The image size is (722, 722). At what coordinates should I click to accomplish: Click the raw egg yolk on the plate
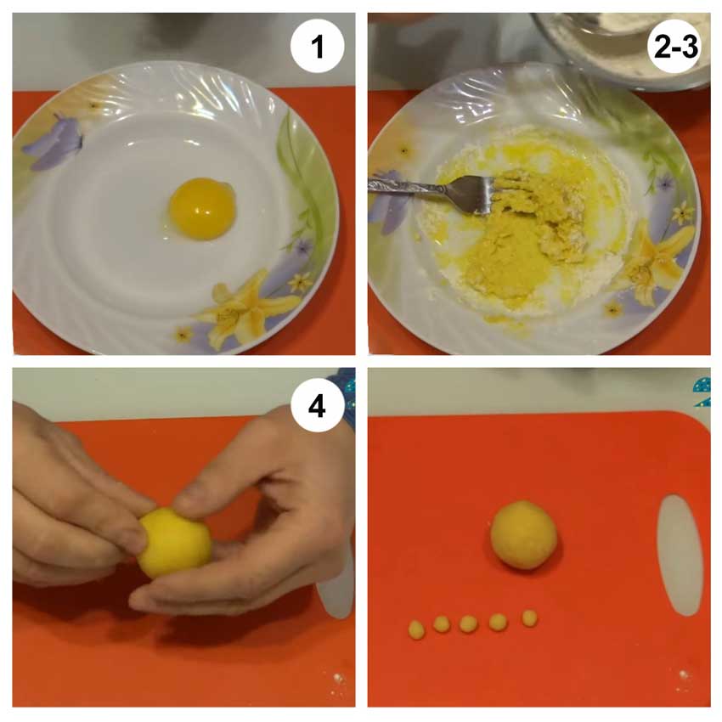coord(202,209)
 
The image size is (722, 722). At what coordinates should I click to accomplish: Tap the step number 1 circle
coord(318,46)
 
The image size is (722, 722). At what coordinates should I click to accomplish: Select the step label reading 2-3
coord(675,47)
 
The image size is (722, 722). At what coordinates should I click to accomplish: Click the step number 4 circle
coord(318,406)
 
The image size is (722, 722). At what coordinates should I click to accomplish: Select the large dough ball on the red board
coord(523,535)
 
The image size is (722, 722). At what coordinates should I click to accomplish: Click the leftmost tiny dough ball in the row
coord(416,629)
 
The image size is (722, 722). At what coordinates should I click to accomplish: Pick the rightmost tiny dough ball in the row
coord(529,618)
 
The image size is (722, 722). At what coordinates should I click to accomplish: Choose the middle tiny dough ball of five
coord(469,624)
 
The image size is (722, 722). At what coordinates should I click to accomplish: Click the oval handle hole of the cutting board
coord(680,555)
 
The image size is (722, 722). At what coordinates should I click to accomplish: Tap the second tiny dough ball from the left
coord(442,623)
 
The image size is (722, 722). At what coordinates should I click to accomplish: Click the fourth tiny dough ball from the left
coord(499,622)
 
